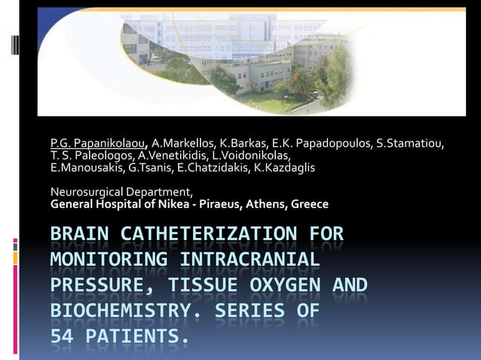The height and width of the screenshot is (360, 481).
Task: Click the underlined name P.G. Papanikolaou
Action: (x=99, y=143)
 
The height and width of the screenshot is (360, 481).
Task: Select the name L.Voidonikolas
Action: (x=247, y=154)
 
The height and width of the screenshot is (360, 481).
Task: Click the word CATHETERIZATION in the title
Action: (x=207, y=234)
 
